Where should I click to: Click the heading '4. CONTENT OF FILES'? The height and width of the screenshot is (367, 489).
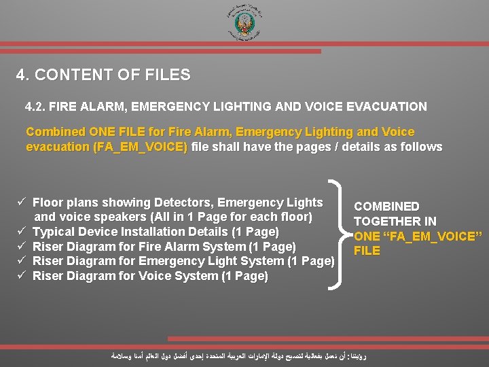tap(103, 75)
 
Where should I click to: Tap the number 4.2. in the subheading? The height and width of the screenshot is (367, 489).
tap(35, 107)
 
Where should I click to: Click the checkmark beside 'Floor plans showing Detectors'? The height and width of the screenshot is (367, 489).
tap(22, 203)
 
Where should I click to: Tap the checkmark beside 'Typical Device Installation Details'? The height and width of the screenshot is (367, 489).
tap(22, 232)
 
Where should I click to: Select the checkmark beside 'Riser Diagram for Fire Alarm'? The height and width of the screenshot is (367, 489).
tap(22, 247)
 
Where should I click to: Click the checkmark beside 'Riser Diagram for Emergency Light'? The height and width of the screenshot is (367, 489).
tap(22, 261)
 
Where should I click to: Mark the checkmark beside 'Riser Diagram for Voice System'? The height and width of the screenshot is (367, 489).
tap(22, 276)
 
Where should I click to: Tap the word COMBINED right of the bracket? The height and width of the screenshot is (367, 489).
tap(386, 206)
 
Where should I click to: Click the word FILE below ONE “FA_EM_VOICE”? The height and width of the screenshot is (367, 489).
tap(367, 251)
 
